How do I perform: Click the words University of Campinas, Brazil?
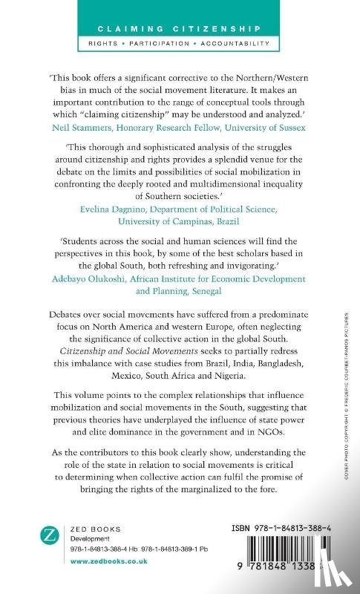coord(180,223)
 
